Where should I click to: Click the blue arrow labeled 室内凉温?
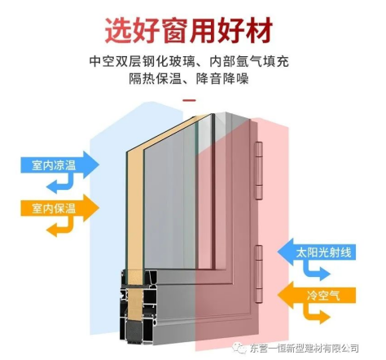59,165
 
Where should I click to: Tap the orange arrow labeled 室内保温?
59,209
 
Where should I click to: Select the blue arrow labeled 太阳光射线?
316,252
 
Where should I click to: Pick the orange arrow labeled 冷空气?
316,296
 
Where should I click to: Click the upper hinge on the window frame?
259,170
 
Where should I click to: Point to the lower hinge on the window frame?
259,274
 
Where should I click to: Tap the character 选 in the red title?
118,30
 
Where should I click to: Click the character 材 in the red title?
259,30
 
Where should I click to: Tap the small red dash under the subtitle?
189,100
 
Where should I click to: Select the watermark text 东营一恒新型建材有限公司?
305,348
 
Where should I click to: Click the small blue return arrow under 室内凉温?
60,183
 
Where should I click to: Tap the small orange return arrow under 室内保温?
60,226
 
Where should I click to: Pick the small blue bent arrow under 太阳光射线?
317,270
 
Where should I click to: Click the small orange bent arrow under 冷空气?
317,314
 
